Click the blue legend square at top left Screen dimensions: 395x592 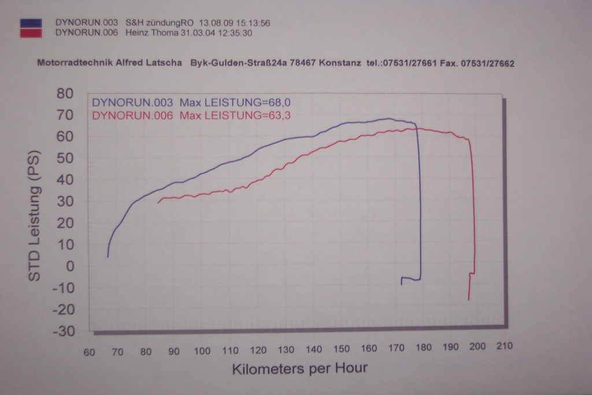pos(31,23)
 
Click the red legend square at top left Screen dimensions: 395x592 pos(31,33)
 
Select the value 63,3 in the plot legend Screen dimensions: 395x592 pos(279,115)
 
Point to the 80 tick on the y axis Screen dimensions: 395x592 pos(65,93)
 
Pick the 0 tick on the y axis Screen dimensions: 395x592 pos(71,266)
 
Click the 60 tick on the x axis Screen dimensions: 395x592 pos(90,352)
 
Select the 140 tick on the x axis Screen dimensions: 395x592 pos(313,349)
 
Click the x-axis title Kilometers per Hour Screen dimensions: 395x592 pos(299,369)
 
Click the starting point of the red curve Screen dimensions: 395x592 pos(158,202)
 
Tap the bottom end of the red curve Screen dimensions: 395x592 pos(468,299)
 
